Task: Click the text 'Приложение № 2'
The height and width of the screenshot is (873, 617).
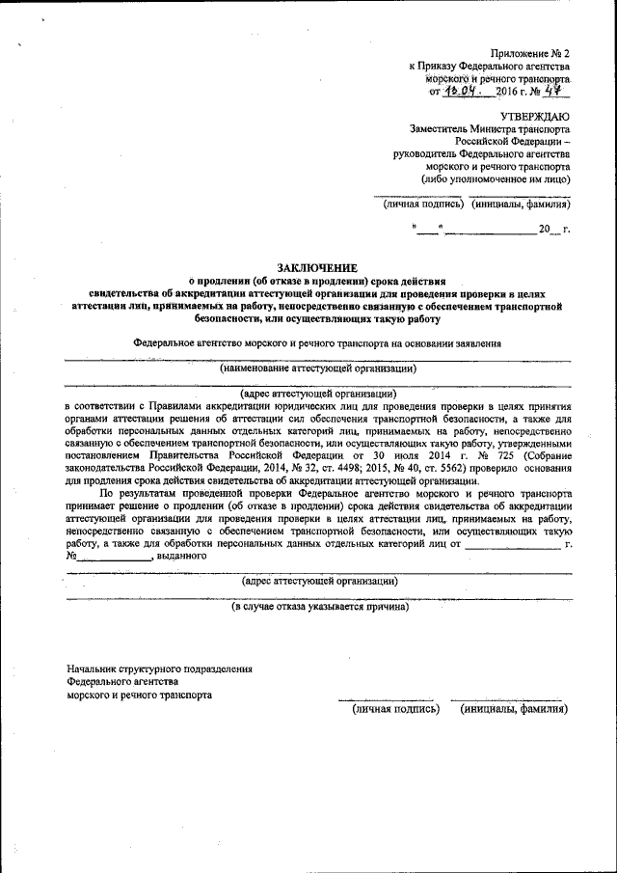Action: tap(530, 52)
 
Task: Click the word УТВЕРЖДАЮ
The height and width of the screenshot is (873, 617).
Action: tap(535, 115)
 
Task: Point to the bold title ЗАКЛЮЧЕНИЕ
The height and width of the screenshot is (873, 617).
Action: tap(317, 267)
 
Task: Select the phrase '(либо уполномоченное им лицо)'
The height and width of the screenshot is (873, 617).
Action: tap(495, 179)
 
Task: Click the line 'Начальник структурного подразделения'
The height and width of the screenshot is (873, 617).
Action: tap(159, 668)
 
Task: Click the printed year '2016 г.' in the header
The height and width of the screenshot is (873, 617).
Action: tap(511, 92)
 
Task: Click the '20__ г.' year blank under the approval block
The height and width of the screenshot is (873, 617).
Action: tap(553, 230)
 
